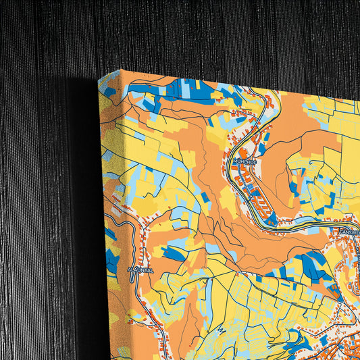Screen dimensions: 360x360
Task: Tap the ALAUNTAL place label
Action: (x=140, y=269)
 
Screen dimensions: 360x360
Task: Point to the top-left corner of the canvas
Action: (x=99, y=78)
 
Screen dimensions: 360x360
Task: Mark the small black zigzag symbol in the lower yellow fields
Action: (x=221, y=330)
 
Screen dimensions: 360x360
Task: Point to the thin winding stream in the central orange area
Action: (x=223, y=223)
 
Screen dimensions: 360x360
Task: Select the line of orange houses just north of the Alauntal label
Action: (x=145, y=250)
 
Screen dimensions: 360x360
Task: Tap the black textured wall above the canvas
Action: (x=203, y=34)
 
